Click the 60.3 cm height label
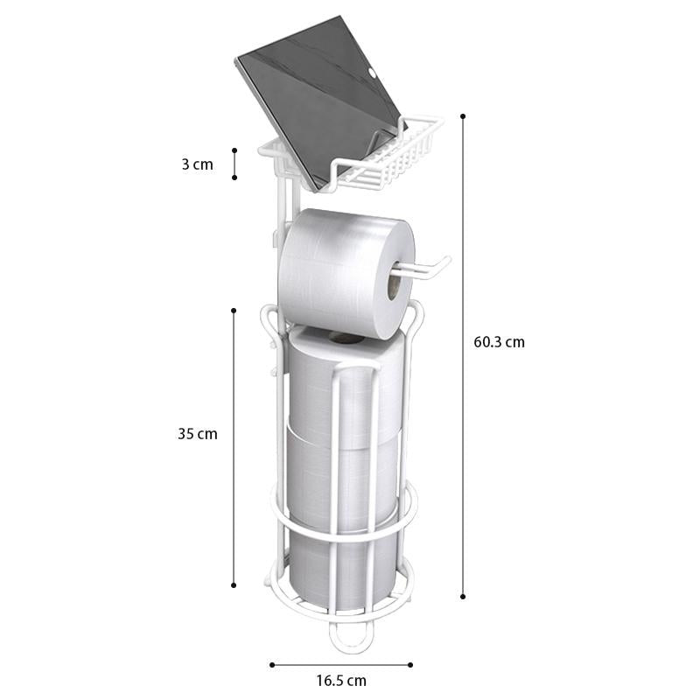click(x=499, y=342)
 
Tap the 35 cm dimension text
click(x=197, y=433)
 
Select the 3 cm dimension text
click(x=197, y=164)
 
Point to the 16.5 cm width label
click(x=340, y=680)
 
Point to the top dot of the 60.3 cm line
click(x=463, y=115)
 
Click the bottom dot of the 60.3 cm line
click(x=463, y=596)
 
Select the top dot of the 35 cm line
click(x=234, y=310)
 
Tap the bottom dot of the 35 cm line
click(x=234, y=585)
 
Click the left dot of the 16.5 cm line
click(x=271, y=664)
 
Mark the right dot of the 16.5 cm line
click(x=409, y=664)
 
